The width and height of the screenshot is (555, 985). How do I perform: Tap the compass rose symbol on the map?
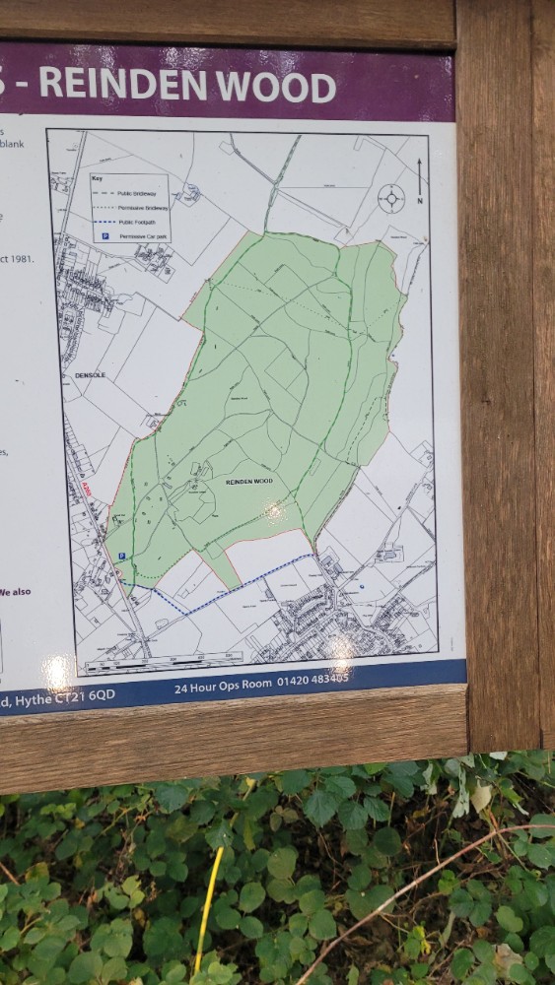tap(391, 198)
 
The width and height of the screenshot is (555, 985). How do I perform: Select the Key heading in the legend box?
tap(97, 178)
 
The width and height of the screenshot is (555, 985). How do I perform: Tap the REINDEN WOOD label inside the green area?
tap(248, 482)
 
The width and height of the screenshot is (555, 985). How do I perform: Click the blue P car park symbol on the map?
tap(121, 557)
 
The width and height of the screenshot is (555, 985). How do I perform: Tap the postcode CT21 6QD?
tap(88, 695)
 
